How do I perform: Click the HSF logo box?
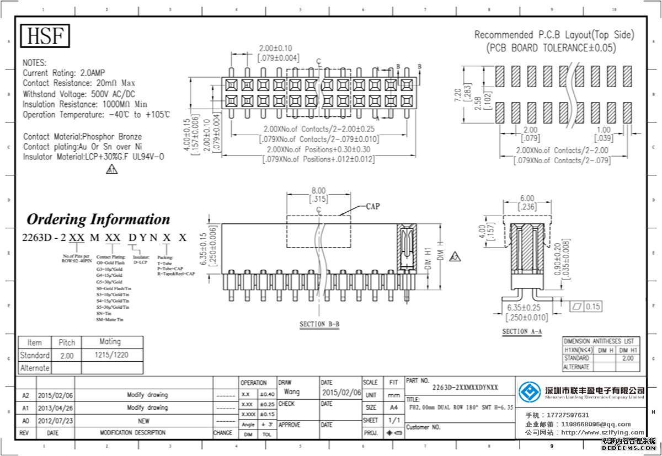click(x=45, y=36)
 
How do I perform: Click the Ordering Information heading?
click(x=98, y=219)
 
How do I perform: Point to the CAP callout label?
click(x=373, y=207)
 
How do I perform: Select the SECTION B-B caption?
click(x=319, y=324)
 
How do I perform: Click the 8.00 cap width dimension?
click(x=318, y=190)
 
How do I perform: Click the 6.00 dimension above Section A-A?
click(x=527, y=199)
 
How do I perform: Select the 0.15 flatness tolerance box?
click(x=593, y=307)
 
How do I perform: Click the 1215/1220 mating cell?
click(x=112, y=355)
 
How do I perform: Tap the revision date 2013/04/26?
click(x=55, y=408)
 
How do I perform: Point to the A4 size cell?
click(x=393, y=407)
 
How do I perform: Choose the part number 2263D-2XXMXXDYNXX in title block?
click(x=465, y=387)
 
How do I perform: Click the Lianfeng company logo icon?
click(x=530, y=393)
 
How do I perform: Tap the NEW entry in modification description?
click(x=143, y=421)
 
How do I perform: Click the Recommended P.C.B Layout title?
click(x=554, y=35)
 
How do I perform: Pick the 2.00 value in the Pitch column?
click(x=67, y=356)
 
